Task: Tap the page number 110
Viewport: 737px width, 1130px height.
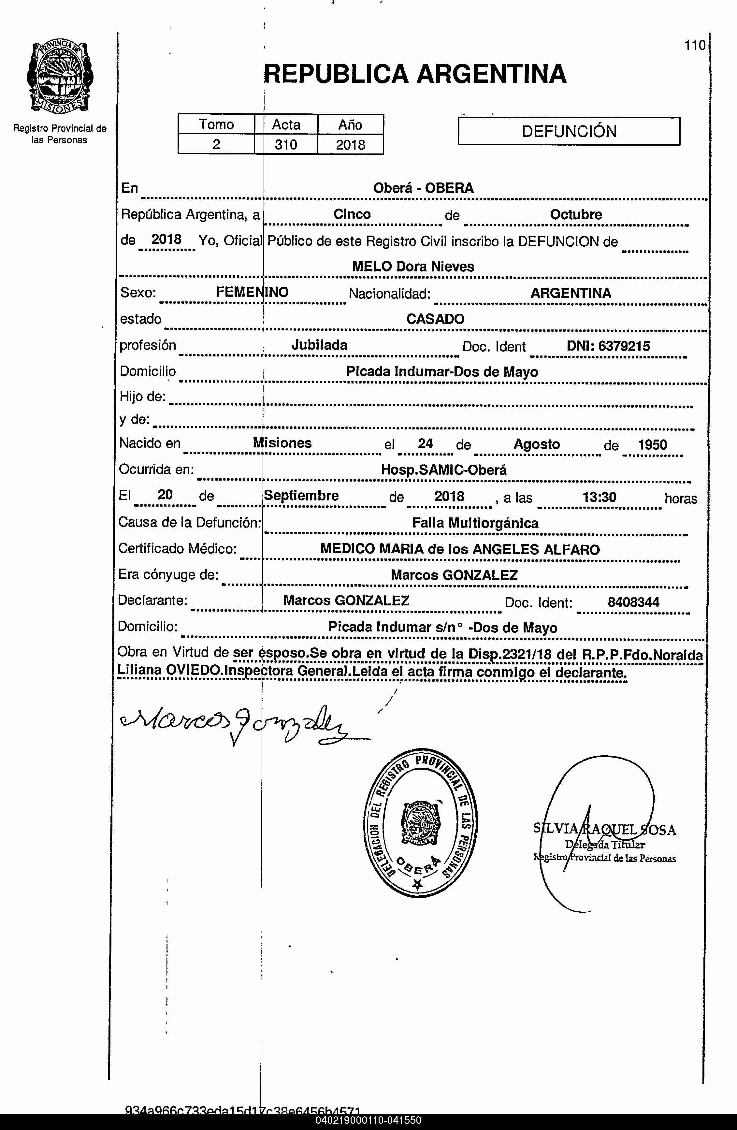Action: [x=695, y=46]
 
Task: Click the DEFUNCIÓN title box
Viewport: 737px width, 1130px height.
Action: [x=569, y=131]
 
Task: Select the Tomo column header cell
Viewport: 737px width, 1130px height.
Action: [x=217, y=124]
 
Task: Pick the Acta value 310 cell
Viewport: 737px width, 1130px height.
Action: [x=286, y=144]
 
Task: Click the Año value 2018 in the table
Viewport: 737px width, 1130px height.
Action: [x=351, y=144]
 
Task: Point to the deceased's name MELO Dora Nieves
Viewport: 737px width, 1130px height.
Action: [x=413, y=266]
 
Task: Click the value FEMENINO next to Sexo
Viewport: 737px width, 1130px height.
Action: [x=252, y=292]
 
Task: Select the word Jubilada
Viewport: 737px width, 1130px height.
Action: [x=319, y=345]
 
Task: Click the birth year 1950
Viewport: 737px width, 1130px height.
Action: [x=652, y=444]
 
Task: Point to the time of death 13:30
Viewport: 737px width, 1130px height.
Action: [x=599, y=497]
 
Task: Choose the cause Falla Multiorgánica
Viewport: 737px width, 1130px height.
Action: [x=475, y=523]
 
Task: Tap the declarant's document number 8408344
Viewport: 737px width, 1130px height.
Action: [x=633, y=602]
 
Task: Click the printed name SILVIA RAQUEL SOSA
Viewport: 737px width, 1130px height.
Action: [x=604, y=830]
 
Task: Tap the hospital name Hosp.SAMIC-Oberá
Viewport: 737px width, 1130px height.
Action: [x=443, y=470]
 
